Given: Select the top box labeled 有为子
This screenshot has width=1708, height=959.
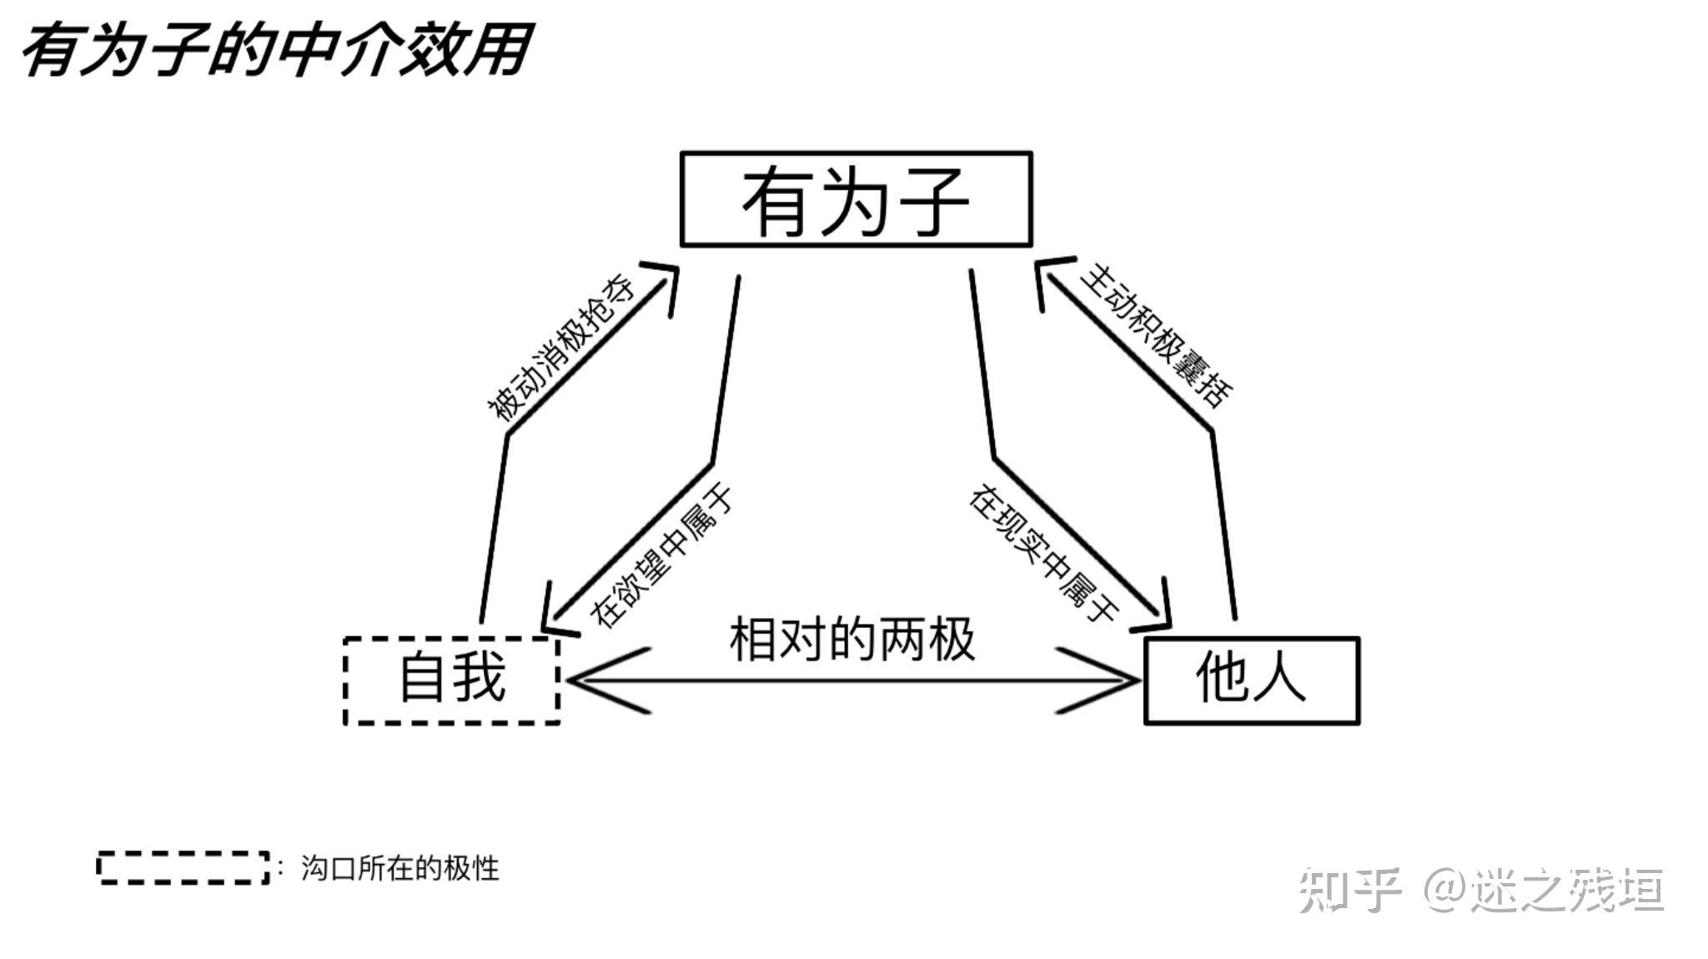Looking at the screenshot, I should point(856,199).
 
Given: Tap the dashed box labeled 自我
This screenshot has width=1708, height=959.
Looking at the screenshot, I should point(451,680).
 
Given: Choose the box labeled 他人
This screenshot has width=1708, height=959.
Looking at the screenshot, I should point(1251,680).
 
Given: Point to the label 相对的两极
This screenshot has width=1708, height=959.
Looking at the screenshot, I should point(852,640).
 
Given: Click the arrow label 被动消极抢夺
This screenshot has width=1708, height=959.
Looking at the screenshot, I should point(560,349).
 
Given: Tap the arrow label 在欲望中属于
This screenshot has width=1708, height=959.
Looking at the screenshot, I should point(661,557).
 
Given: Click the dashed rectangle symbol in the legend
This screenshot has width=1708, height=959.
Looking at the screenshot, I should point(183,867).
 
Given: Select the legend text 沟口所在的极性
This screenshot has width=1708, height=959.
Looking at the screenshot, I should point(399,868).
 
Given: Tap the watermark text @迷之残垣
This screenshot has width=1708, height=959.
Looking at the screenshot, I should point(1543,889).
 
